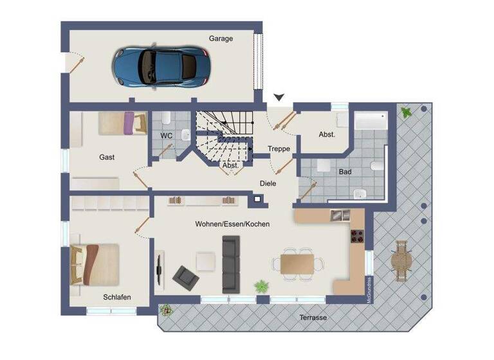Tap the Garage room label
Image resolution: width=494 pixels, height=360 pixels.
221,39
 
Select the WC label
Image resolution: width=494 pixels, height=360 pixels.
166,136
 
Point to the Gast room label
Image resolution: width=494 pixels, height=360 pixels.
107,157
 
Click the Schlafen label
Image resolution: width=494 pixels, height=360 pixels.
117,297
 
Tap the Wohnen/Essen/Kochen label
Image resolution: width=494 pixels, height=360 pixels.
232,224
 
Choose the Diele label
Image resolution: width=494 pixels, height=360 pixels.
268,183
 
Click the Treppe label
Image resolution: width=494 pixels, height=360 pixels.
279,149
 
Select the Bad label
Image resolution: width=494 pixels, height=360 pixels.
345,172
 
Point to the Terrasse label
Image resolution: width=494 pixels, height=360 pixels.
313,318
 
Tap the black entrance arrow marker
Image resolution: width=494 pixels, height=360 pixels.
279,98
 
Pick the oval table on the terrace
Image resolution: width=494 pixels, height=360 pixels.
401,261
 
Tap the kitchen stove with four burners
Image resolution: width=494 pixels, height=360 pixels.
357,237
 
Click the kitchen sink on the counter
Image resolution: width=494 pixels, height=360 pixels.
340,215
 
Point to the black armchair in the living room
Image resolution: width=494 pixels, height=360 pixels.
185,277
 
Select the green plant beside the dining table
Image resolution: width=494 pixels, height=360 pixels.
261,285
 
